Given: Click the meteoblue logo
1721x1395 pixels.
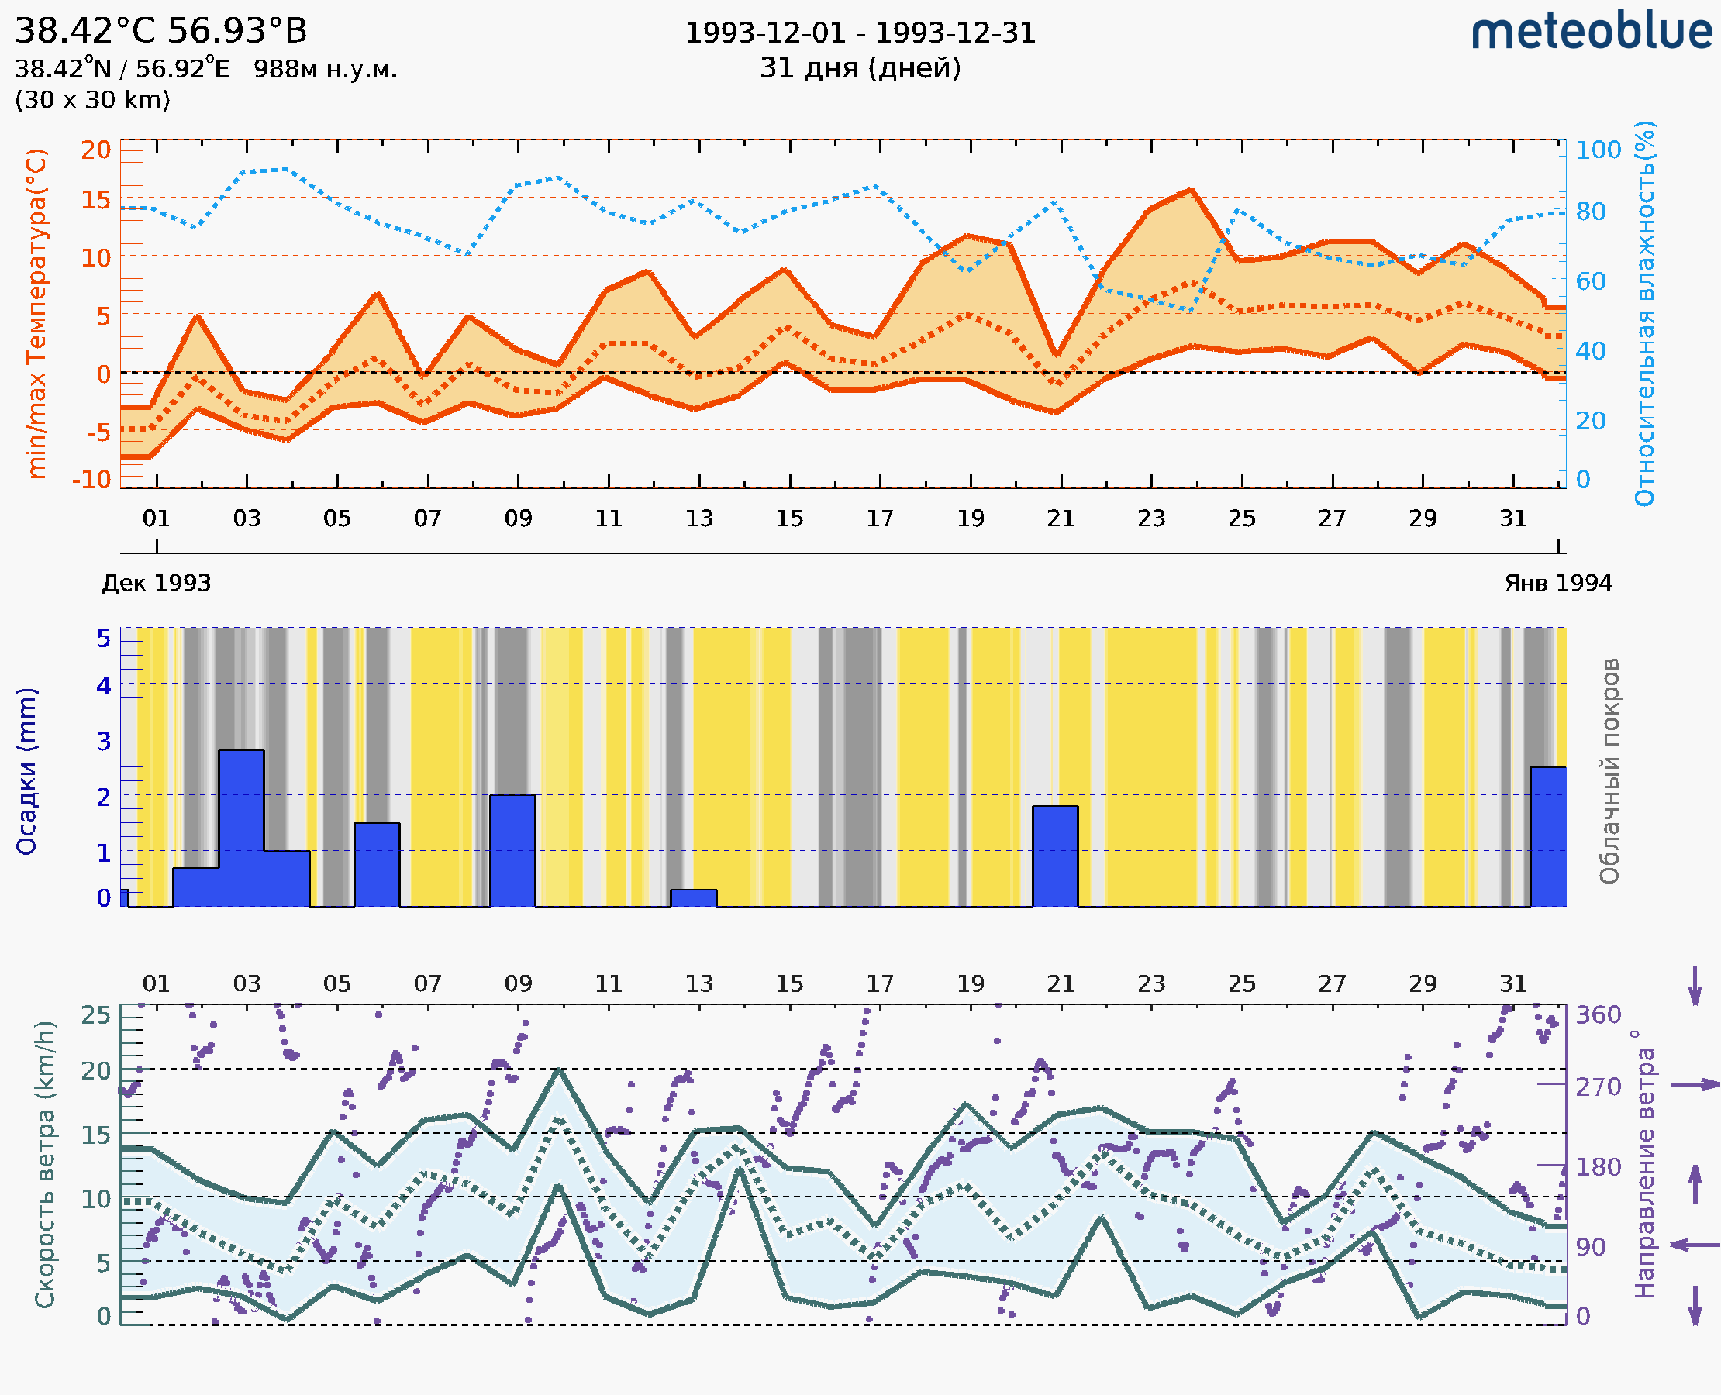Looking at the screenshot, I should tap(1591, 32).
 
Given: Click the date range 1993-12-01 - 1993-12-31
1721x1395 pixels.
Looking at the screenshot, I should tap(860, 33).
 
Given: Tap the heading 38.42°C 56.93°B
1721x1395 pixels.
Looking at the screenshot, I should tap(160, 31).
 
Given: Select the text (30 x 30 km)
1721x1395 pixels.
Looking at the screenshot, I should tap(92, 100).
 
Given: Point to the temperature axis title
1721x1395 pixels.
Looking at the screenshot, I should tap(37, 313).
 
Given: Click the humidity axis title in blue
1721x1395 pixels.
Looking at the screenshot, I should tap(1644, 313).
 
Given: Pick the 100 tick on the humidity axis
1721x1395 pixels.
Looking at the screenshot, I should tap(1598, 150).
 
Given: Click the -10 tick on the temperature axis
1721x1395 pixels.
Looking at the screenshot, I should tap(91, 480).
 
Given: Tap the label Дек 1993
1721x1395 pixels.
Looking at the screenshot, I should tap(156, 583).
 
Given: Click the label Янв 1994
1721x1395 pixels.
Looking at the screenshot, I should tap(1558, 583).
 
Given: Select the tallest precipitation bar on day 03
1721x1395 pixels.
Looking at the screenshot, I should tap(241, 828).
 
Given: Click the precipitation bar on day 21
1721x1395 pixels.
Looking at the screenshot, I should tap(1054, 856).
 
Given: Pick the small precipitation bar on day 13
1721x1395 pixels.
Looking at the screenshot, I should tap(694, 898).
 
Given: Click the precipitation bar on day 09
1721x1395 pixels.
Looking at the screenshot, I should tap(513, 850).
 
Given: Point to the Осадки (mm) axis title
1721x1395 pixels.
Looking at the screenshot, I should tap(26, 771).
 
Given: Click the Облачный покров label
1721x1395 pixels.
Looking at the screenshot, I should tap(1609, 771).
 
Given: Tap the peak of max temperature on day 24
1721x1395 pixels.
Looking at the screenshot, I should tap(1191, 191).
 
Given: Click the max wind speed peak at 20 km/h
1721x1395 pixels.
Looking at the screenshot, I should tap(560, 1069).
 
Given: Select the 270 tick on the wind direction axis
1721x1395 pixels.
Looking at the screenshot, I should tap(1598, 1087).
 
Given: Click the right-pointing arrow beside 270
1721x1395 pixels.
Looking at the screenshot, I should tap(1695, 1085).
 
